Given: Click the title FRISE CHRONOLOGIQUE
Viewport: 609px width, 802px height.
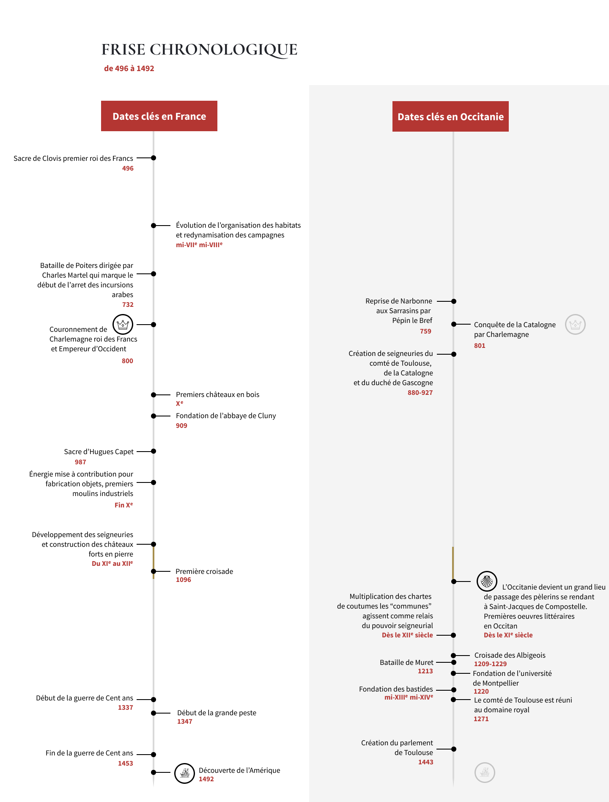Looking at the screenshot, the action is coord(199,50).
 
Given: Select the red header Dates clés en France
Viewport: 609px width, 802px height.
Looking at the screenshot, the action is coord(159,116).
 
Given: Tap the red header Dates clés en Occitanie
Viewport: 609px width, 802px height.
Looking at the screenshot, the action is coord(450,116).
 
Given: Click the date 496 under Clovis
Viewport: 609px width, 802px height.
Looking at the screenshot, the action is coord(128,168).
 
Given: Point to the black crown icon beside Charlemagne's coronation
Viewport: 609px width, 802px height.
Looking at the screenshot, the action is coord(123,325).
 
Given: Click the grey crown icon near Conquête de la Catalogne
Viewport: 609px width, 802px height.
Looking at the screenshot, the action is coord(575,325).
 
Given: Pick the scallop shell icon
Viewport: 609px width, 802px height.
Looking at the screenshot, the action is coord(487,581).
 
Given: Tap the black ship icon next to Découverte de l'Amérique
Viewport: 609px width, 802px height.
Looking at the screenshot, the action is coord(185,773).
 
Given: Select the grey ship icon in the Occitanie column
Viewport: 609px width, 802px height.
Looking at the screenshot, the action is coord(485,772).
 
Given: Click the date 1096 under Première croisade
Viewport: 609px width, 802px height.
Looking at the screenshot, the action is coord(184,580).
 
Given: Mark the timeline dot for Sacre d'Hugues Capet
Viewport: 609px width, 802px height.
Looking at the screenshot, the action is coord(154,451).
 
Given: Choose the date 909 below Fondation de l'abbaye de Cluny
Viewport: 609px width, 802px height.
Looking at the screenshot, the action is coord(181,426).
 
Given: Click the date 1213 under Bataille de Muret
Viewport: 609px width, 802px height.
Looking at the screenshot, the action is coord(425,671).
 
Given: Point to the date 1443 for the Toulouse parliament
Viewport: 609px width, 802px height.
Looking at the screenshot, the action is coord(426,762).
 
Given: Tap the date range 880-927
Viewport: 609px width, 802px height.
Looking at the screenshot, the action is coord(420,393).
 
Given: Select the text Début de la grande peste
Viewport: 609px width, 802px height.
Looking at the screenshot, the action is coord(217,713).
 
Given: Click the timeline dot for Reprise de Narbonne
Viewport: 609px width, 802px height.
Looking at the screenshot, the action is coord(454,301).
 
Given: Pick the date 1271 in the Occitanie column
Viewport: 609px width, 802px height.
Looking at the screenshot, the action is coord(481,719).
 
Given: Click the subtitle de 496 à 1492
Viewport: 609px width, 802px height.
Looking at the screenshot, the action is coord(129,69).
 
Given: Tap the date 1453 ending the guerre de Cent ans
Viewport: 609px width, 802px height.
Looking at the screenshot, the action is coord(126,763).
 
